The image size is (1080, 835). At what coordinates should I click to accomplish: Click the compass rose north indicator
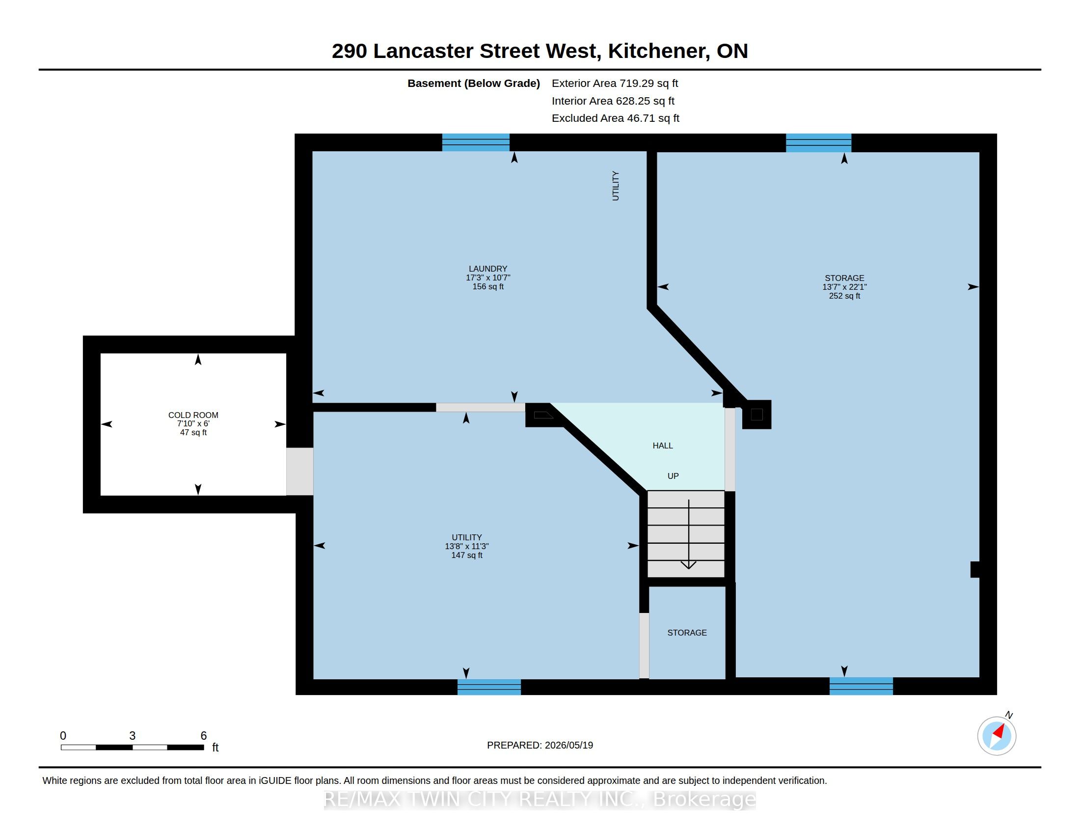pos(997,736)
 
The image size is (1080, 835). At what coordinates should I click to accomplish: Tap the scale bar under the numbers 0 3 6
pos(132,747)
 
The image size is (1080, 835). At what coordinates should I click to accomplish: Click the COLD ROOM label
pos(193,415)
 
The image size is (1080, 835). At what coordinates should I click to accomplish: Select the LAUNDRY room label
pos(488,269)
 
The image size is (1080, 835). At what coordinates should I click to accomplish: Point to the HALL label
pos(663,445)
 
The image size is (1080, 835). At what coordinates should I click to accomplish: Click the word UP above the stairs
pos(673,476)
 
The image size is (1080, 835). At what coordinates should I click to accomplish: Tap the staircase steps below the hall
pos(686,534)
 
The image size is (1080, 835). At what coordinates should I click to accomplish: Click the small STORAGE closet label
pos(687,633)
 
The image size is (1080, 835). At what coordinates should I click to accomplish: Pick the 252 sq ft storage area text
pos(845,296)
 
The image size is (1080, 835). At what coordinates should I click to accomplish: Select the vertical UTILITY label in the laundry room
pos(616,186)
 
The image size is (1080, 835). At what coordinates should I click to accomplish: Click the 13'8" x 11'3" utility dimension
pos(467,546)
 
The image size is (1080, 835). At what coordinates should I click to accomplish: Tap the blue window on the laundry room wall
pos(476,142)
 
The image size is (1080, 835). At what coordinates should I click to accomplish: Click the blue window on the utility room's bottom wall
pos(489,687)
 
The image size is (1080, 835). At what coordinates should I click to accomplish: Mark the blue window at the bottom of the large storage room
pos(862,686)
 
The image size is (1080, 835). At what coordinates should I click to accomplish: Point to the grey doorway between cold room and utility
pos(299,472)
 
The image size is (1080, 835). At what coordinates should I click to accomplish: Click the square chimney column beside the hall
pos(756,415)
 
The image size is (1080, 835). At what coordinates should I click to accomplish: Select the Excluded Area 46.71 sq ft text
pos(616,118)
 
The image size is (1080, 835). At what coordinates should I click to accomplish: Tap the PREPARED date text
pos(540,745)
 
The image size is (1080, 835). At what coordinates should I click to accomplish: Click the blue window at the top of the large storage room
pos(819,143)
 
